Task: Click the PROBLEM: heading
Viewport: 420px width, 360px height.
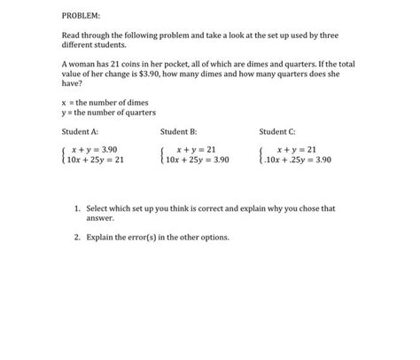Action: coord(81,16)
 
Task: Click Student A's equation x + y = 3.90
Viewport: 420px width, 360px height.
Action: coord(95,150)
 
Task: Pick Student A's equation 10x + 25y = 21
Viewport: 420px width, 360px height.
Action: coord(97,160)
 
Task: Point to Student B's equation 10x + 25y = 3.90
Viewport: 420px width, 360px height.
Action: coord(196,160)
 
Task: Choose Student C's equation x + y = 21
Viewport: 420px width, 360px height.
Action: coord(296,150)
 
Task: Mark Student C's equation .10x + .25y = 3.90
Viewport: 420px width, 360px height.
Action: coord(297,160)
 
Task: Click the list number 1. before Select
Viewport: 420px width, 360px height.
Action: coord(78,208)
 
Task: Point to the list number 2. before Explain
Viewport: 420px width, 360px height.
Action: coord(78,237)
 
